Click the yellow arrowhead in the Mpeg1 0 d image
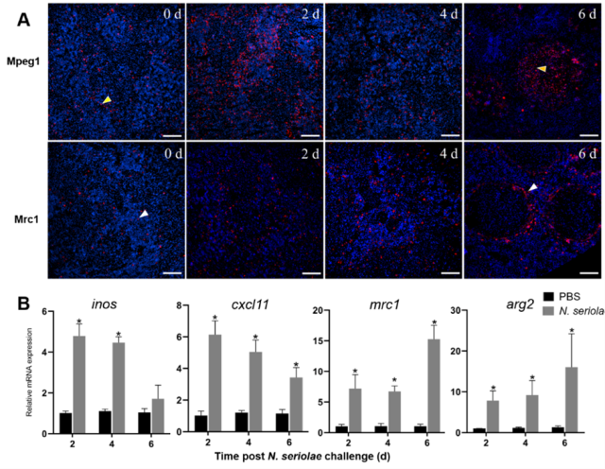click(x=107, y=99)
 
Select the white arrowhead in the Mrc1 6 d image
click(x=534, y=188)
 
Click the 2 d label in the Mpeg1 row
click(x=305, y=15)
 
